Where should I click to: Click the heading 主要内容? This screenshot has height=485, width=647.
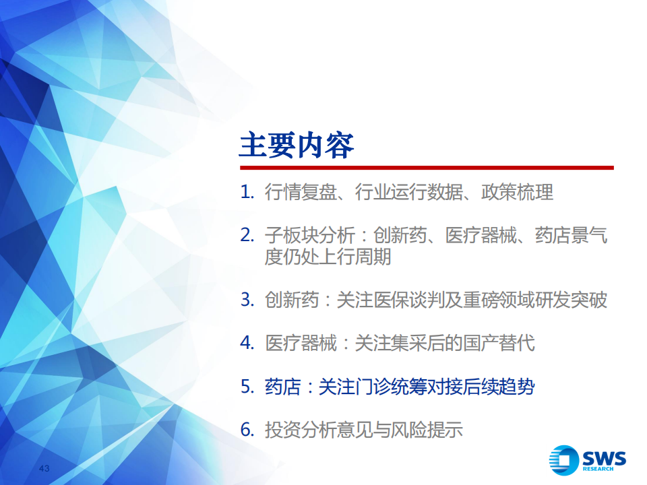297,145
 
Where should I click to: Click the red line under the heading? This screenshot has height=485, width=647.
427,168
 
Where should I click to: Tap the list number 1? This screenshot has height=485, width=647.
247,192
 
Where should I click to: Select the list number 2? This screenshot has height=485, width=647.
247,236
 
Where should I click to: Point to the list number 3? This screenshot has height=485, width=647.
247,300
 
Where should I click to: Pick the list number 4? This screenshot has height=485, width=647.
247,343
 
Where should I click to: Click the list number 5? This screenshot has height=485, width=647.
247,387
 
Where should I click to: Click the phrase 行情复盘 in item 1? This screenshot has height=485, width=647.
301,192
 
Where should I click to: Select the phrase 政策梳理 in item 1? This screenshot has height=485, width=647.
517,192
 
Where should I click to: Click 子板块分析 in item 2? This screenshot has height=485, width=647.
310,236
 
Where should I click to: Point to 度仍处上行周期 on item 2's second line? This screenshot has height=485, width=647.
328,257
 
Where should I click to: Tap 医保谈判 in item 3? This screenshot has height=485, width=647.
409,300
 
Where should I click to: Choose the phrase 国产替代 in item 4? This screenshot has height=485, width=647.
499,343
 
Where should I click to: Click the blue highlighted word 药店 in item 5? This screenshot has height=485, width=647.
282,387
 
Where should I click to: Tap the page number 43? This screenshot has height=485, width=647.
44,469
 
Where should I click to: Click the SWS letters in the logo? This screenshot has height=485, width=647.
604,458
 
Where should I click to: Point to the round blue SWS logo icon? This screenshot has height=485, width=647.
563,460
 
